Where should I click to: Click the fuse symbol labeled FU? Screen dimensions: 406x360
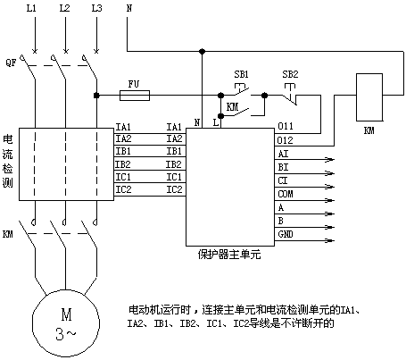pos(135,96)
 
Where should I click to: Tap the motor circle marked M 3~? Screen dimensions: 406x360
pos(66,323)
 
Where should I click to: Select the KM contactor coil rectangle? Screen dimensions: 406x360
pos(369,97)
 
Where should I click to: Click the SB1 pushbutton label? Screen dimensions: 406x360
pos(241,74)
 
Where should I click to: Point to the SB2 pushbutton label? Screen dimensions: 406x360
pos(290,74)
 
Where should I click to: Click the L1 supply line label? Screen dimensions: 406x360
pos(31,8)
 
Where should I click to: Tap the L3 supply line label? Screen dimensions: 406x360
pos(96,8)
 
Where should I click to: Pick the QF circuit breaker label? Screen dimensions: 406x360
pos(11,63)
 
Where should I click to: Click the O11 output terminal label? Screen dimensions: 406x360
pos(286,126)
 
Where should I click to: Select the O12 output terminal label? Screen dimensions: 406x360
pos(285,140)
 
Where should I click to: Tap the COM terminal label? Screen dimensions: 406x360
pos(286,194)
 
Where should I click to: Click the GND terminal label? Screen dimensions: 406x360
pos(286,234)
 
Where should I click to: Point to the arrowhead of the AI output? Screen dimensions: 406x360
pos(330,160)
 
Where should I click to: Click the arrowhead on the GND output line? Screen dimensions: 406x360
pos(331,240)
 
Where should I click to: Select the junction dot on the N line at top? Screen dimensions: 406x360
pos(203,52)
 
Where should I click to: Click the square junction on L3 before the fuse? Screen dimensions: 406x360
pos(96,96)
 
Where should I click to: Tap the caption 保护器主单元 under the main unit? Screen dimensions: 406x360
pos(229,255)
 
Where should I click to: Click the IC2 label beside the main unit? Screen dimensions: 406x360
pos(174,189)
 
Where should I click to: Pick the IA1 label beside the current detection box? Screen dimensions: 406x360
pos(123,127)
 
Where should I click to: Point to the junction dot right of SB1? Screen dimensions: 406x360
pos(264,96)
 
